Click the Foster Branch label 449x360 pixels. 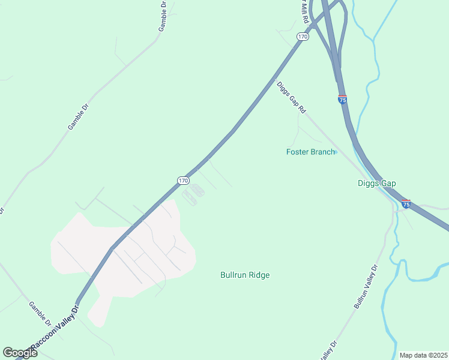(310, 152)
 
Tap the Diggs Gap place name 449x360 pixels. (377, 184)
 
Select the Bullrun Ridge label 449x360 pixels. (245, 275)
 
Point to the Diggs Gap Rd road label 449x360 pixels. (292, 98)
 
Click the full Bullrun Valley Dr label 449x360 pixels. (366, 286)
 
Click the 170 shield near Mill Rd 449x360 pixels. (303, 37)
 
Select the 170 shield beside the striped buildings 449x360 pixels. (184, 180)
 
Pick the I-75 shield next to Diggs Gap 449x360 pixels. (406, 204)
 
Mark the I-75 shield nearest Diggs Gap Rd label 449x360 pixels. (342, 100)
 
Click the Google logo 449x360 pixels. (20, 353)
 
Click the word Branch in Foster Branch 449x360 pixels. (322, 152)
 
